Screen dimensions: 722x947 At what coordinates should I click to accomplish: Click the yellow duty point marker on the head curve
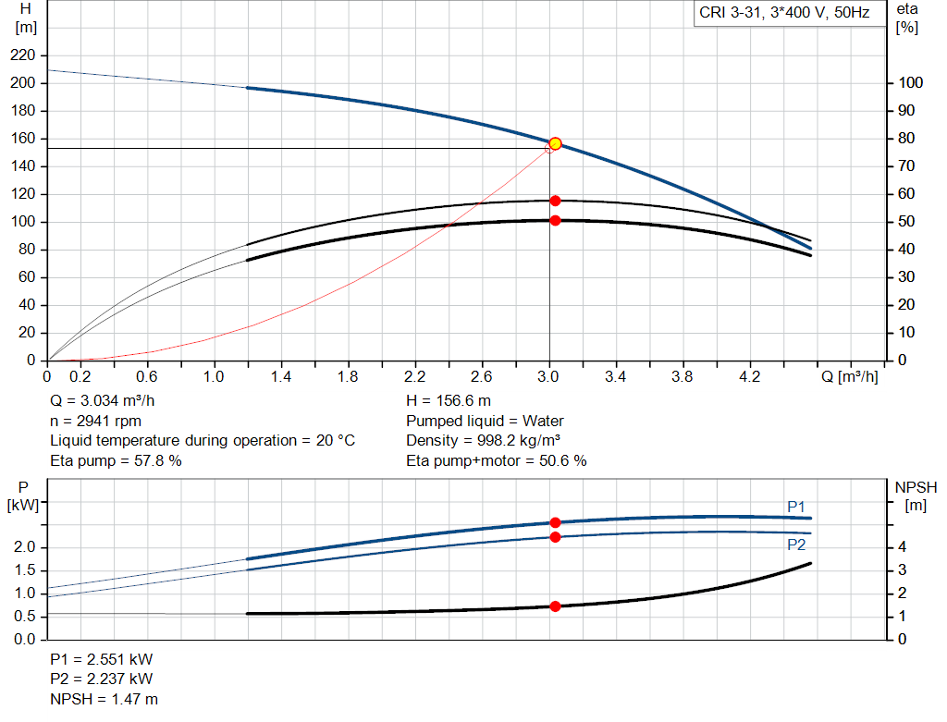point(555,143)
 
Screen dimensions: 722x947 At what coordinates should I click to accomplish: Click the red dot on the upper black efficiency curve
point(555,201)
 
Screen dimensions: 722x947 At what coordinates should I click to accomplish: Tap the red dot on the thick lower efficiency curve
point(555,220)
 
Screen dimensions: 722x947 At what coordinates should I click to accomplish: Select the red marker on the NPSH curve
point(555,606)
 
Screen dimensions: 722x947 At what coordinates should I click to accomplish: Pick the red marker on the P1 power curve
point(555,522)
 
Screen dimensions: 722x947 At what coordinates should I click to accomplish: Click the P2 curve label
point(796,545)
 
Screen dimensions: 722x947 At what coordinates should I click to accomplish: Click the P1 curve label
point(796,507)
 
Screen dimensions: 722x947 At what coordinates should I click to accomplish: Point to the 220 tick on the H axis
point(25,55)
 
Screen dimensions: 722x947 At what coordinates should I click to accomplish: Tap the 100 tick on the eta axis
point(910,83)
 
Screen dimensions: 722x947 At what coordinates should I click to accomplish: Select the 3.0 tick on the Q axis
point(548,377)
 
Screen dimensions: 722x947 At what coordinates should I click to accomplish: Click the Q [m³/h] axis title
point(848,377)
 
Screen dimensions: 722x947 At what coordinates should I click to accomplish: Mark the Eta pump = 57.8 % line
point(116,460)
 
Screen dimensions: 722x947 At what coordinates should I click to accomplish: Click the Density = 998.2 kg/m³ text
point(484,441)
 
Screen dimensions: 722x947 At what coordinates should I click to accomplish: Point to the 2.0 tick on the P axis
point(25,547)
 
